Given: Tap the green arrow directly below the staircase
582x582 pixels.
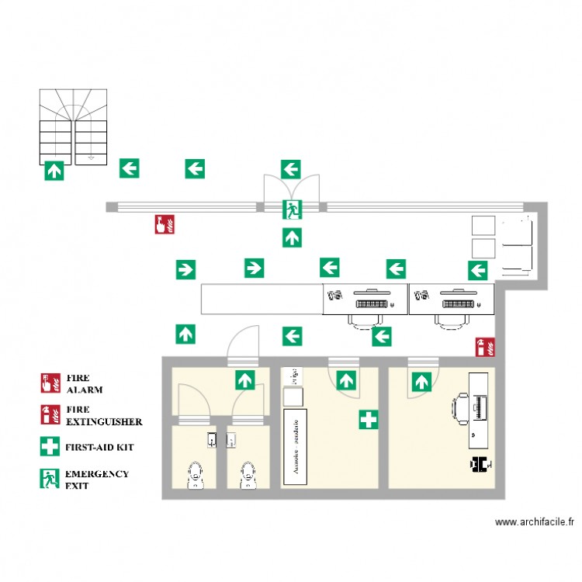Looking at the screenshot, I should click(54, 170).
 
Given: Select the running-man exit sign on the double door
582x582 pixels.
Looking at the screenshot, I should click(292, 208).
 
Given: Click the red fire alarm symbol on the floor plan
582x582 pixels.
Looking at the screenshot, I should click(164, 224).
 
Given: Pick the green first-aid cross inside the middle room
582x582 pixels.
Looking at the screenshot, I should click(368, 421).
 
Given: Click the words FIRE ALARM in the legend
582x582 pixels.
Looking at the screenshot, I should click(85, 383).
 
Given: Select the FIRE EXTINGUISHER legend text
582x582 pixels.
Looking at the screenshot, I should click(103, 415).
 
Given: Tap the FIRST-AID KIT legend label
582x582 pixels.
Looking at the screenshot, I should click(101, 448).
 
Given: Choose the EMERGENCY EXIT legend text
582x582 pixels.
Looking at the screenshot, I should click(96, 479).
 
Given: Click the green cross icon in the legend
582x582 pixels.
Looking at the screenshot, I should click(50, 447).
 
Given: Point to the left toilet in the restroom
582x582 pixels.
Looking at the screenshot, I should click(196, 474).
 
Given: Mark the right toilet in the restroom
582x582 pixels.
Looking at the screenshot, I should click(248, 474).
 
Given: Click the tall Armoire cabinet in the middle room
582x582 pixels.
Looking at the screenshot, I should click(293, 447).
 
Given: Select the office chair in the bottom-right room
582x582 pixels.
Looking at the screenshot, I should click(461, 409).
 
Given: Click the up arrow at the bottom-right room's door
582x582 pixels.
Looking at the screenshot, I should click(421, 381).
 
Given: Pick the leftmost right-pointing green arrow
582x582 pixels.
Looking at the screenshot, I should click(185, 269).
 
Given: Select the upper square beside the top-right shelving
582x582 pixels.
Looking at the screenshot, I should click(483, 224).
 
